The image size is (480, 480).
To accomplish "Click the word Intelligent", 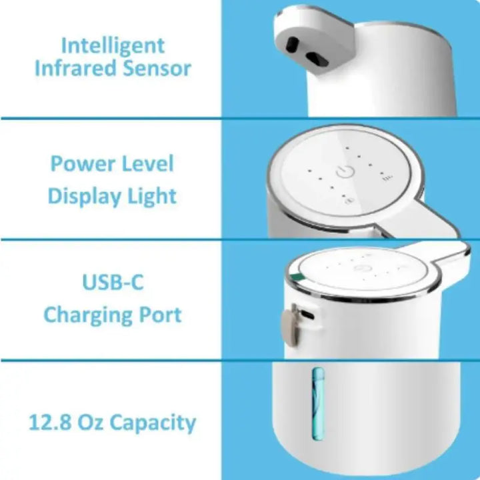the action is click(x=113, y=47).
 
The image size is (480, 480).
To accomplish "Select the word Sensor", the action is click(x=157, y=68).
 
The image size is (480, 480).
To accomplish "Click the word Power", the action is click(x=83, y=164).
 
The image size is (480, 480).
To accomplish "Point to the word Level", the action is click(x=147, y=163).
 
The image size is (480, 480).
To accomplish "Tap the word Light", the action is click(x=152, y=197).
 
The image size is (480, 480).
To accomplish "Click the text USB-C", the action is click(x=113, y=282).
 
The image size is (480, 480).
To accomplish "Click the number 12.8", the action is click(x=50, y=423).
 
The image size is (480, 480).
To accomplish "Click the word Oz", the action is click(x=90, y=423).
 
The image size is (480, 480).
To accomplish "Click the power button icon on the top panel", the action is click(x=345, y=172).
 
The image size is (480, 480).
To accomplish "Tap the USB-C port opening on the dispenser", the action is click(x=307, y=315).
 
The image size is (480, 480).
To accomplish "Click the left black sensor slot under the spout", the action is click(x=293, y=45).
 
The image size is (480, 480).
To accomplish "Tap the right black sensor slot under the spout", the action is click(x=317, y=59).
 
